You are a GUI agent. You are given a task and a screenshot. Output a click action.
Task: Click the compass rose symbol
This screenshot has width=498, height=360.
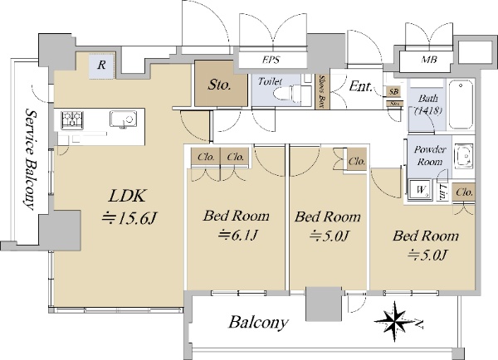pyautogui.click(x=394, y=321)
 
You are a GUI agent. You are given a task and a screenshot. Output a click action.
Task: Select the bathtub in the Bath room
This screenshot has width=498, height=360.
pyautogui.click(x=460, y=105)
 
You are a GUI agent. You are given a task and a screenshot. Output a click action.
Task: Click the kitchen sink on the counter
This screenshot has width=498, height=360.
pyautogui.click(x=123, y=119)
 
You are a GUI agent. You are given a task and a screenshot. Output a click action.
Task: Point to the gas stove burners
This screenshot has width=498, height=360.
pyautogui.click(x=72, y=119)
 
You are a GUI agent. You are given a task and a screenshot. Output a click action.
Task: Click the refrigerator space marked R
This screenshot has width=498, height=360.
pyautogui.click(x=101, y=66)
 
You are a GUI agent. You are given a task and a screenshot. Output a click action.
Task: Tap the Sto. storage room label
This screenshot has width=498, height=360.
pyautogui.click(x=219, y=85)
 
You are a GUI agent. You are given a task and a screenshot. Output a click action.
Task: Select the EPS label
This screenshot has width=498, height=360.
pyautogui.click(x=271, y=60)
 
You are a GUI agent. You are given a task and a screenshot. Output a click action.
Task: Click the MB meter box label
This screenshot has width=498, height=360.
pyautogui.click(x=429, y=60)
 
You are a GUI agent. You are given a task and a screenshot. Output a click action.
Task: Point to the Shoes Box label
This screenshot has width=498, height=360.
pyautogui.click(x=323, y=92)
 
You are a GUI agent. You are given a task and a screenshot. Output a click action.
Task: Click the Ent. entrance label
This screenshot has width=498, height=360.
pyautogui.click(x=360, y=86)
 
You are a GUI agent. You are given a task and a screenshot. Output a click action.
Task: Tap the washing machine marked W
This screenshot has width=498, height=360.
pyautogui.click(x=420, y=190)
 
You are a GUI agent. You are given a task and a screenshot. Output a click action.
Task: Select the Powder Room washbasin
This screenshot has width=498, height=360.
pyautogui.click(x=464, y=156)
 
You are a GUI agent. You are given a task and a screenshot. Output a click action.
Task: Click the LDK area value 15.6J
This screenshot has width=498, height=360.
pyautogui.click(x=129, y=219)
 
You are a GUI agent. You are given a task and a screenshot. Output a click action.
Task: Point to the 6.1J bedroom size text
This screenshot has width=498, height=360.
pyautogui.click(x=237, y=236)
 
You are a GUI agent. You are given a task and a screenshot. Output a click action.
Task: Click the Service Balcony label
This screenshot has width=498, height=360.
pyautogui.click(x=31, y=159)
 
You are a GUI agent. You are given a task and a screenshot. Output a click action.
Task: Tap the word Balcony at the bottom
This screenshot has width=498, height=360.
pyautogui.click(x=258, y=323)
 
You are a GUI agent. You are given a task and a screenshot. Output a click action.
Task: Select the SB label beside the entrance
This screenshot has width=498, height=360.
pyautogui.click(x=393, y=92)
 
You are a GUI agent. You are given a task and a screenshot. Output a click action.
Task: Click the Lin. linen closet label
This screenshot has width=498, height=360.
pyautogui.click(x=442, y=192)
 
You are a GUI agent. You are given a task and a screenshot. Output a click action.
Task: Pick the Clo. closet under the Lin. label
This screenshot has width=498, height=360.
pyautogui.click(x=464, y=192)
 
